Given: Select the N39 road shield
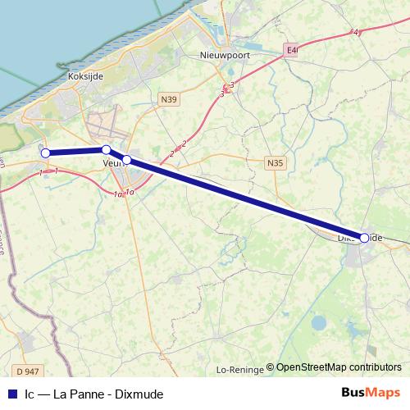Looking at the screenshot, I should coord(169,99).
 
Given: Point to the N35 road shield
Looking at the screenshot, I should coord(276,163).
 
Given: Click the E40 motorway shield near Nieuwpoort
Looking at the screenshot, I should coord(293,50).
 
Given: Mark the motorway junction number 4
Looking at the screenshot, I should coord(356,32).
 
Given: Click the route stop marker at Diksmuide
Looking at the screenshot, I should coord(364,238).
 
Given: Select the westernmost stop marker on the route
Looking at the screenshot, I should coord(46,153).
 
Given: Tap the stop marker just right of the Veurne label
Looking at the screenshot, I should coord(127,159).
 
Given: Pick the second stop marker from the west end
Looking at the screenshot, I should coord(106,149).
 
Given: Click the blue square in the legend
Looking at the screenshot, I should coord(11,394).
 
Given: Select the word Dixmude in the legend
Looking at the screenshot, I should coord(140,394).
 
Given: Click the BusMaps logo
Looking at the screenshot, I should coord(371,393).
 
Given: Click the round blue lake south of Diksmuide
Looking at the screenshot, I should coord(317,321).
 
